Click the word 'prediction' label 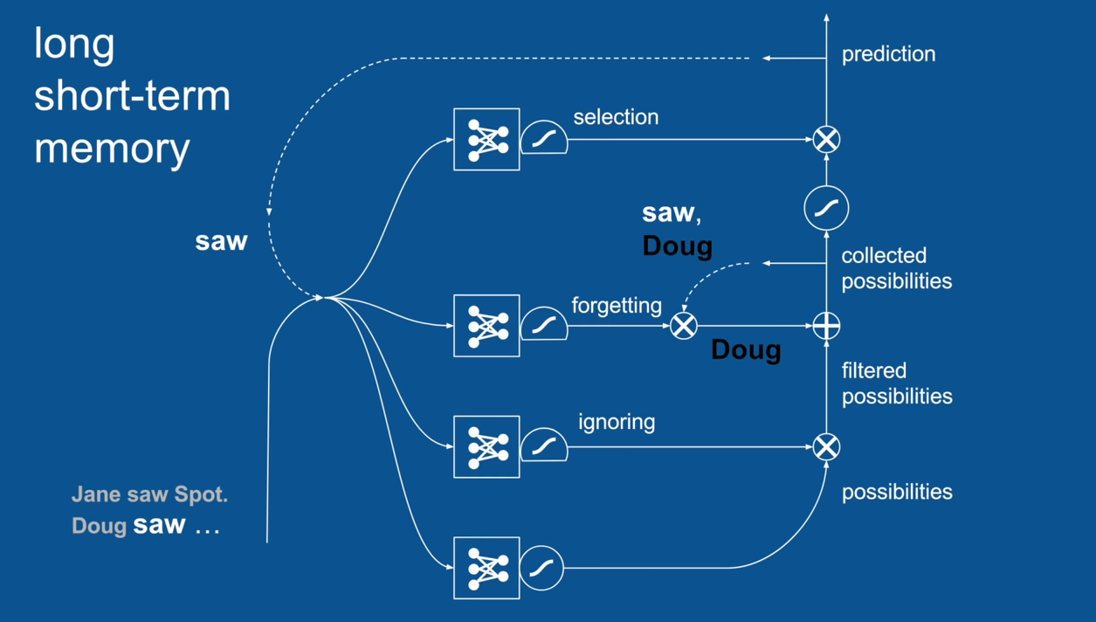click(888, 54)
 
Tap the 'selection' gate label click(616, 117)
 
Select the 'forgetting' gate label click(617, 305)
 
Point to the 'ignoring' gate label click(617, 422)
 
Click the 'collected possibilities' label click(896, 268)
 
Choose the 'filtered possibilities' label click(896, 383)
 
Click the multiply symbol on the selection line click(826, 139)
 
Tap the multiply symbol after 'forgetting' click(684, 326)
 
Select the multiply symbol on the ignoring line click(826, 447)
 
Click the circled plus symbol click(826, 326)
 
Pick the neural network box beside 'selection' click(486, 139)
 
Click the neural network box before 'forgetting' click(486, 326)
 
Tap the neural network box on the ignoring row click(486, 447)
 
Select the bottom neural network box click(486, 568)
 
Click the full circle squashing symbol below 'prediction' click(826, 208)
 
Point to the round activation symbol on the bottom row click(541, 568)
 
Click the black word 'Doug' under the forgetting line click(746, 349)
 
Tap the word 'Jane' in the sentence click(96, 494)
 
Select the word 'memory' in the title click(112, 148)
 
